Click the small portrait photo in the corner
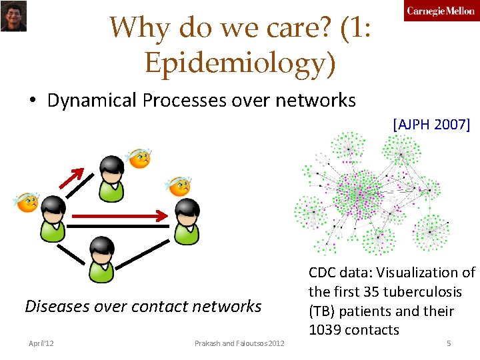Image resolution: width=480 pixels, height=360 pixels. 13,16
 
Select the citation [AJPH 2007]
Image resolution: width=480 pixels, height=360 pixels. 431,123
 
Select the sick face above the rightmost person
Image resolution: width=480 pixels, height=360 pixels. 179,186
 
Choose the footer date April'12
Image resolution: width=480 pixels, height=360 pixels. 41,343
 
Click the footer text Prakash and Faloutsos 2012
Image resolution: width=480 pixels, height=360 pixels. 239,343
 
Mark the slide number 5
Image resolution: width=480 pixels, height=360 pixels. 449,343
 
